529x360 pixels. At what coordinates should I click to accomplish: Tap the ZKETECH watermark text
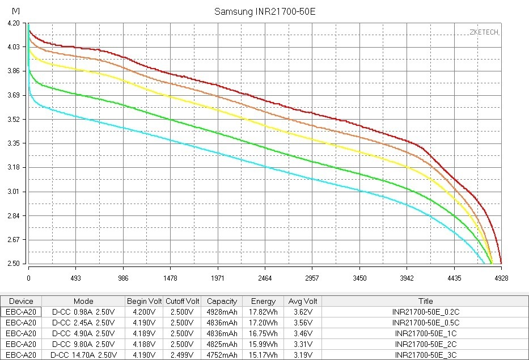point(484,32)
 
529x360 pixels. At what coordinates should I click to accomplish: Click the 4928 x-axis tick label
point(501,278)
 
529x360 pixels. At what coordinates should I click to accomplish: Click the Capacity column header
point(222,301)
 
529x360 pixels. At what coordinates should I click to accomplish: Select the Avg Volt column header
point(302,301)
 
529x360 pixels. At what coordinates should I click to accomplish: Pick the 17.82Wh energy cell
point(263,312)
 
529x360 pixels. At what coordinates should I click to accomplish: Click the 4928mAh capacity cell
point(222,312)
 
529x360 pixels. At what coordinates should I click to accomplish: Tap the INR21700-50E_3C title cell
point(425,355)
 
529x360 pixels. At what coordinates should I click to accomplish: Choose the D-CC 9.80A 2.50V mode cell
point(83,344)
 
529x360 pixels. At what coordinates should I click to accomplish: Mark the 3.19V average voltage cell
point(302,355)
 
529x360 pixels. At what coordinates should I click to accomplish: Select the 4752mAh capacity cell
point(222,355)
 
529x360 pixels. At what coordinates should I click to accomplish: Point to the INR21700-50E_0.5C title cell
point(425,323)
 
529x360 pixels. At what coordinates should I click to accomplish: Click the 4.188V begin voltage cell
point(144,344)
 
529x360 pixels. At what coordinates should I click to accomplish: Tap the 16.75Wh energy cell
point(263,333)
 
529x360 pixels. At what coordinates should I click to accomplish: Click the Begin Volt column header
point(144,301)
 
